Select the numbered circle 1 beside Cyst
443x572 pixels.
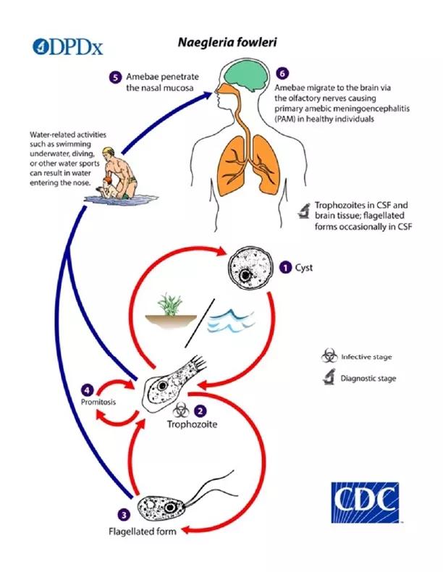(287, 267)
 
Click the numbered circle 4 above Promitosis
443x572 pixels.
(89, 387)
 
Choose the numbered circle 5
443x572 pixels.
(115, 77)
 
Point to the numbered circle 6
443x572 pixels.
(282, 74)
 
